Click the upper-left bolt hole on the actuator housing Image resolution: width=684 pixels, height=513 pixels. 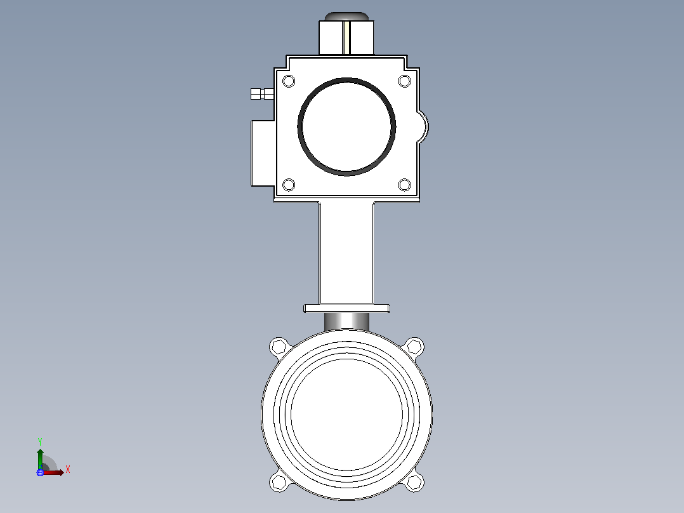point(289,81)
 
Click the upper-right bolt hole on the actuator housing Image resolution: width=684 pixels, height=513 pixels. point(405,81)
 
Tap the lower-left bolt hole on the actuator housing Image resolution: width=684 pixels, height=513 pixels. point(289,185)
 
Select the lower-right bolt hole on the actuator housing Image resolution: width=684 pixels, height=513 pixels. point(405,185)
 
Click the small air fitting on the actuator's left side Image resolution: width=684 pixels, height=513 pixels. point(262,94)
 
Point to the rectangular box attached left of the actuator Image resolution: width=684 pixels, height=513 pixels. point(263,153)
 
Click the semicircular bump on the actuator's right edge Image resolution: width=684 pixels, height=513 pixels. point(423,127)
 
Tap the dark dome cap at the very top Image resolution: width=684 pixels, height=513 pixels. point(346,17)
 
